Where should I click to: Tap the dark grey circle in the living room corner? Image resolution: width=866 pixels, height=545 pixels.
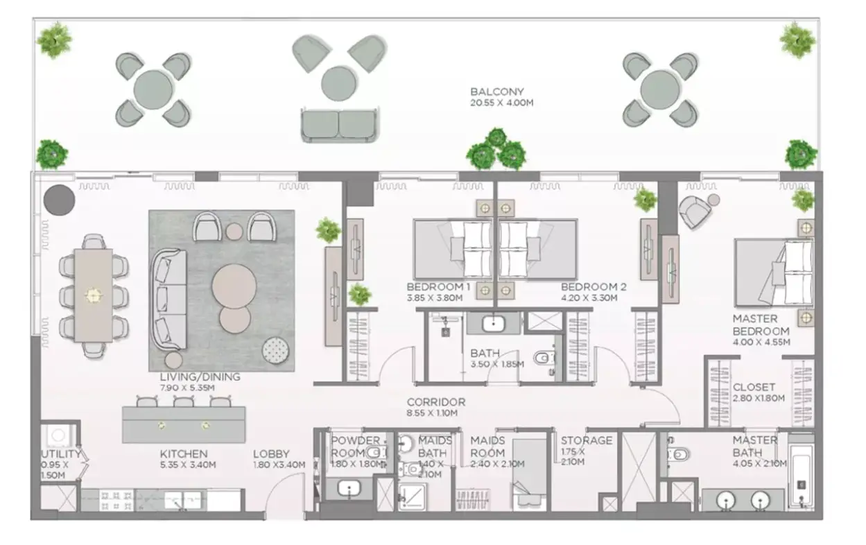(x=59, y=200)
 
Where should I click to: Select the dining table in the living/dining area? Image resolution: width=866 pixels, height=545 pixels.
(x=94, y=295)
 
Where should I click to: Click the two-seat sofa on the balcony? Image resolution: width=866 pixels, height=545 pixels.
(x=339, y=126)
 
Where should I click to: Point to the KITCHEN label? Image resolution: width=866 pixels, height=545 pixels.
(x=184, y=453)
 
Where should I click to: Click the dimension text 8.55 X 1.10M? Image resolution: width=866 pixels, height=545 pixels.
(x=432, y=413)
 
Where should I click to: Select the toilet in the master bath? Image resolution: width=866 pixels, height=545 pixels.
(x=677, y=453)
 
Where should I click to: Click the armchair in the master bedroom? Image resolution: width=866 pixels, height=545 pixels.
(x=695, y=211)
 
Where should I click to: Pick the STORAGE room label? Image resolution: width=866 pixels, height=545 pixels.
(x=587, y=440)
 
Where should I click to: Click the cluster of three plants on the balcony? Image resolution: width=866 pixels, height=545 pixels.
(x=496, y=150)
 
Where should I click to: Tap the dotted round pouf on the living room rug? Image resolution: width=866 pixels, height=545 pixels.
(x=275, y=350)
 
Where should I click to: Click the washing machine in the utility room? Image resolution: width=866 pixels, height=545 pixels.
(x=58, y=436)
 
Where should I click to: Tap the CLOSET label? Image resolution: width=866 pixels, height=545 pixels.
(x=754, y=388)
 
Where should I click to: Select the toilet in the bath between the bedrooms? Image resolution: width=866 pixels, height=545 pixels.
(x=543, y=358)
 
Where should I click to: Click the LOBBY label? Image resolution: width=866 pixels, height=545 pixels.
(x=271, y=453)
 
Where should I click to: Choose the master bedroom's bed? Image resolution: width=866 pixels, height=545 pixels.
(x=774, y=273)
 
